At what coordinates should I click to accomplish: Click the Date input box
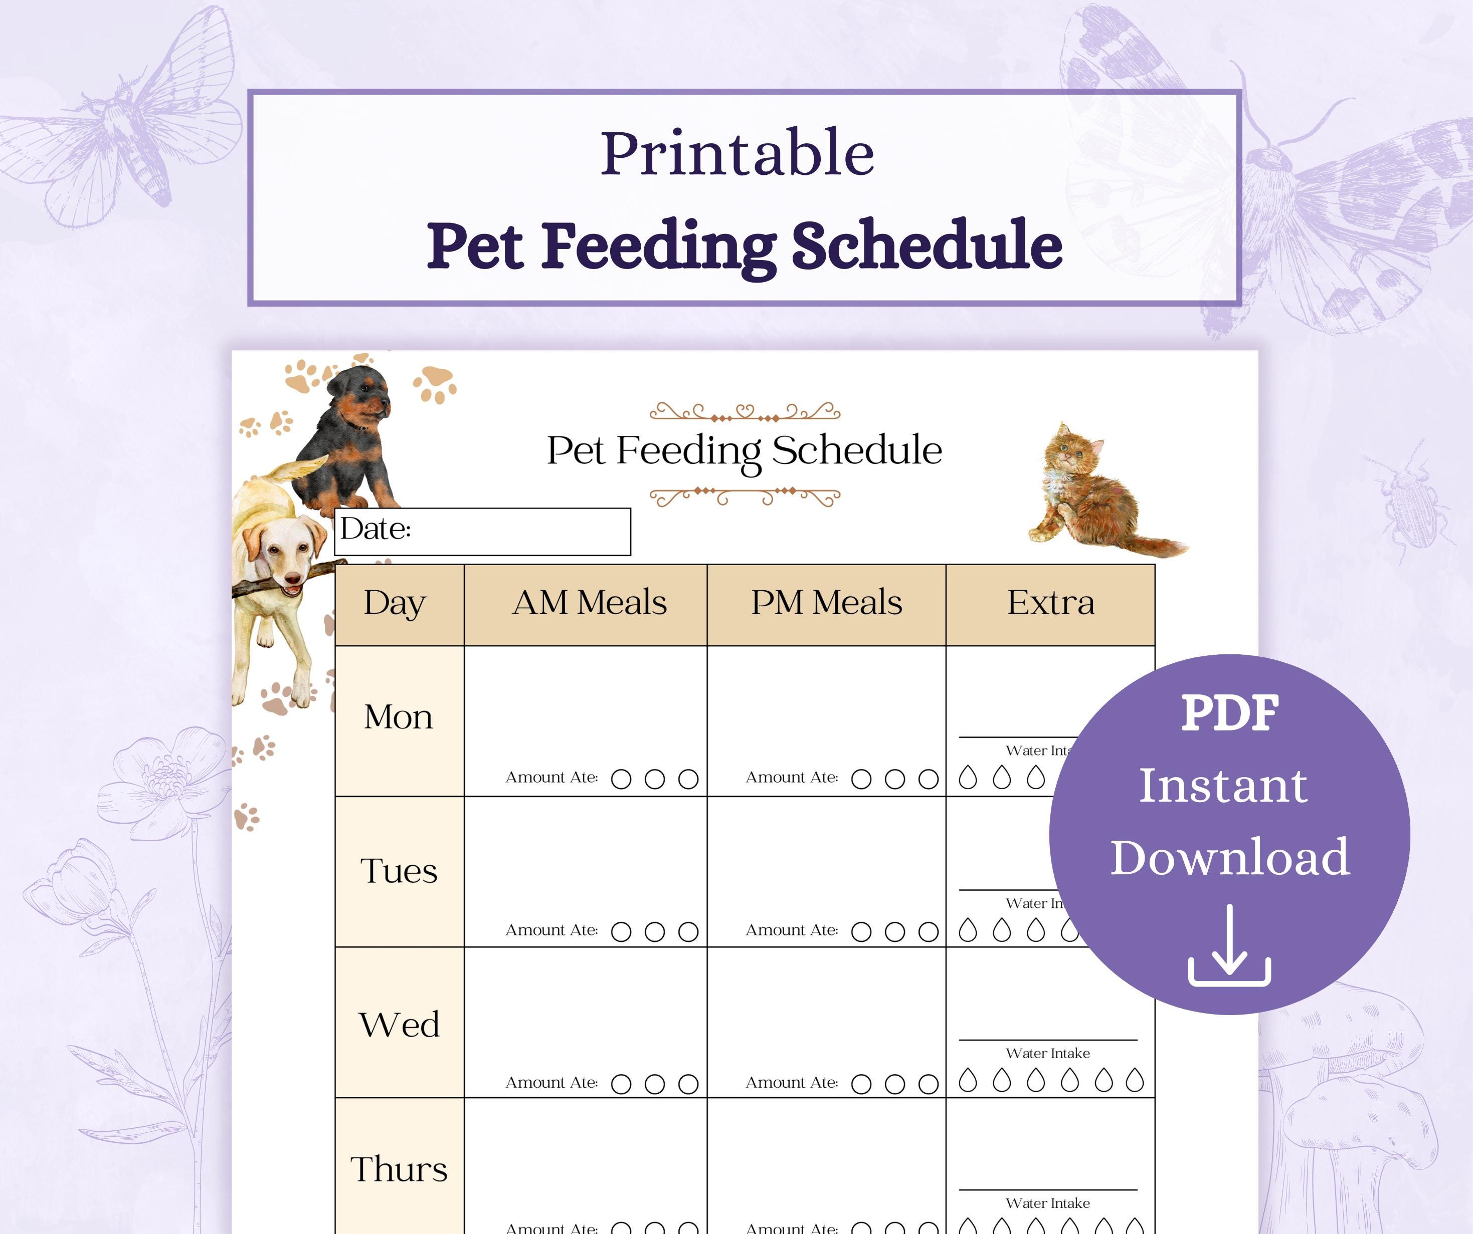519,532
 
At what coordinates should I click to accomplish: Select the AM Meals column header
589,603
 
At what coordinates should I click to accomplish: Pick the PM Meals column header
826,603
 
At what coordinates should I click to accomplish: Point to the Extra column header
1050,603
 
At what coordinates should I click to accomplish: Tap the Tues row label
399,871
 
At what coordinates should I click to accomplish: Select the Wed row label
399,1025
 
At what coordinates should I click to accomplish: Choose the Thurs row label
399,1169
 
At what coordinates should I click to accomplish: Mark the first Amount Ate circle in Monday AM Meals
621,779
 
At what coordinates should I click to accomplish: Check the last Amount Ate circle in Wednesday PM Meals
928,1084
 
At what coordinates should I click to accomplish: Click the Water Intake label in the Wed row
1047,1053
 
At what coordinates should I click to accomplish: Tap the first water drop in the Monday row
968,778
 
